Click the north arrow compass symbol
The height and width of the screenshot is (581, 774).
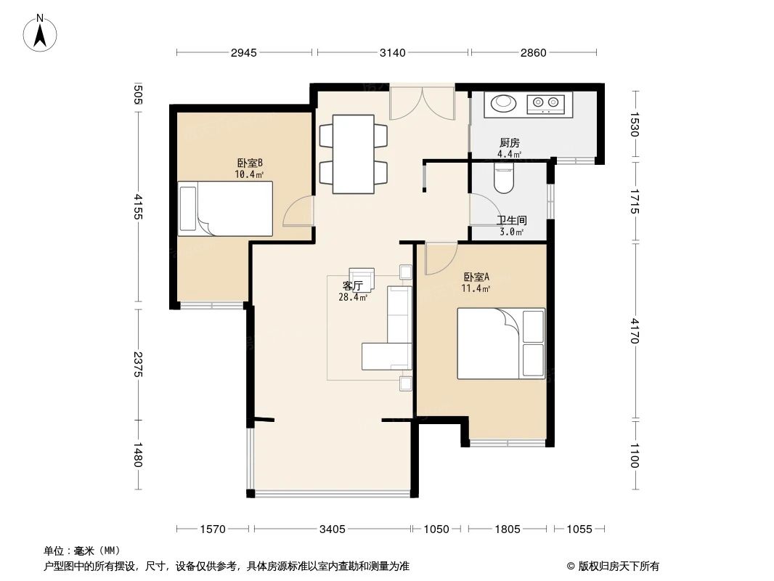(x=40, y=33)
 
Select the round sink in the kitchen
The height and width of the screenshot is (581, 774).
(x=503, y=102)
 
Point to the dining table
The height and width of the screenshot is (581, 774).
(x=353, y=153)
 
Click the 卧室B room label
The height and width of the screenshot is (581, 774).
(x=249, y=163)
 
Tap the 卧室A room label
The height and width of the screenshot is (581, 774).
(x=476, y=277)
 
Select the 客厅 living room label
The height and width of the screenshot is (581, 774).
(x=352, y=286)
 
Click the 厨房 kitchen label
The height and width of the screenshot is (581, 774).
(x=510, y=143)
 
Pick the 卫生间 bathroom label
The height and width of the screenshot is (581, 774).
(x=511, y=221)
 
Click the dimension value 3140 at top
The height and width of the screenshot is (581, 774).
(x=392, y=53)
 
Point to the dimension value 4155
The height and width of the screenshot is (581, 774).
(x=138, y=207)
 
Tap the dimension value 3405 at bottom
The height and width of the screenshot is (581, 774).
(x=333, y=529)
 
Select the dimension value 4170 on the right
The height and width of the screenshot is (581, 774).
(x=635, y=330)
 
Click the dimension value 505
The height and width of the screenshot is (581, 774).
(x=138, y=94)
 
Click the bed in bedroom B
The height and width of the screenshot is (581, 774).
(x=225, y=208)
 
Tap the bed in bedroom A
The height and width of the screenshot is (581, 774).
(x=501, y=344)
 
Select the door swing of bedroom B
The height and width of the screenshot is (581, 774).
(x=298, y=211)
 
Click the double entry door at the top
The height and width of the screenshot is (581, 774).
(x=422, y=102)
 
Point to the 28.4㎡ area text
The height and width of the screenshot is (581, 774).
(x=353, y=297)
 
